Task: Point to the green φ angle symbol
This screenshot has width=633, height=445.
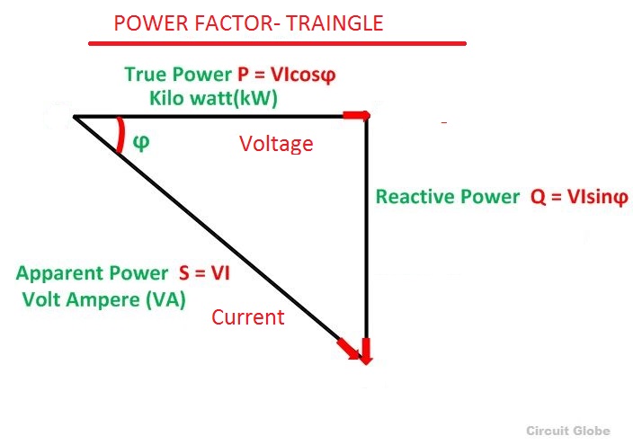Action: click(x=139, y=141)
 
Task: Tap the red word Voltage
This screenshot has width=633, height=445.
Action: click(x=276, y=144)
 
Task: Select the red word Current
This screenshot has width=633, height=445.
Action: click(x=248, y=316)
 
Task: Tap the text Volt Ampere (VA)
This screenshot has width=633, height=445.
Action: click(x=103, y=299)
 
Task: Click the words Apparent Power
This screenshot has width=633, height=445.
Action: click(x=92, y=273)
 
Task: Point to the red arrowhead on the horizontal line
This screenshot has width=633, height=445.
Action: click(x=356, y=116)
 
